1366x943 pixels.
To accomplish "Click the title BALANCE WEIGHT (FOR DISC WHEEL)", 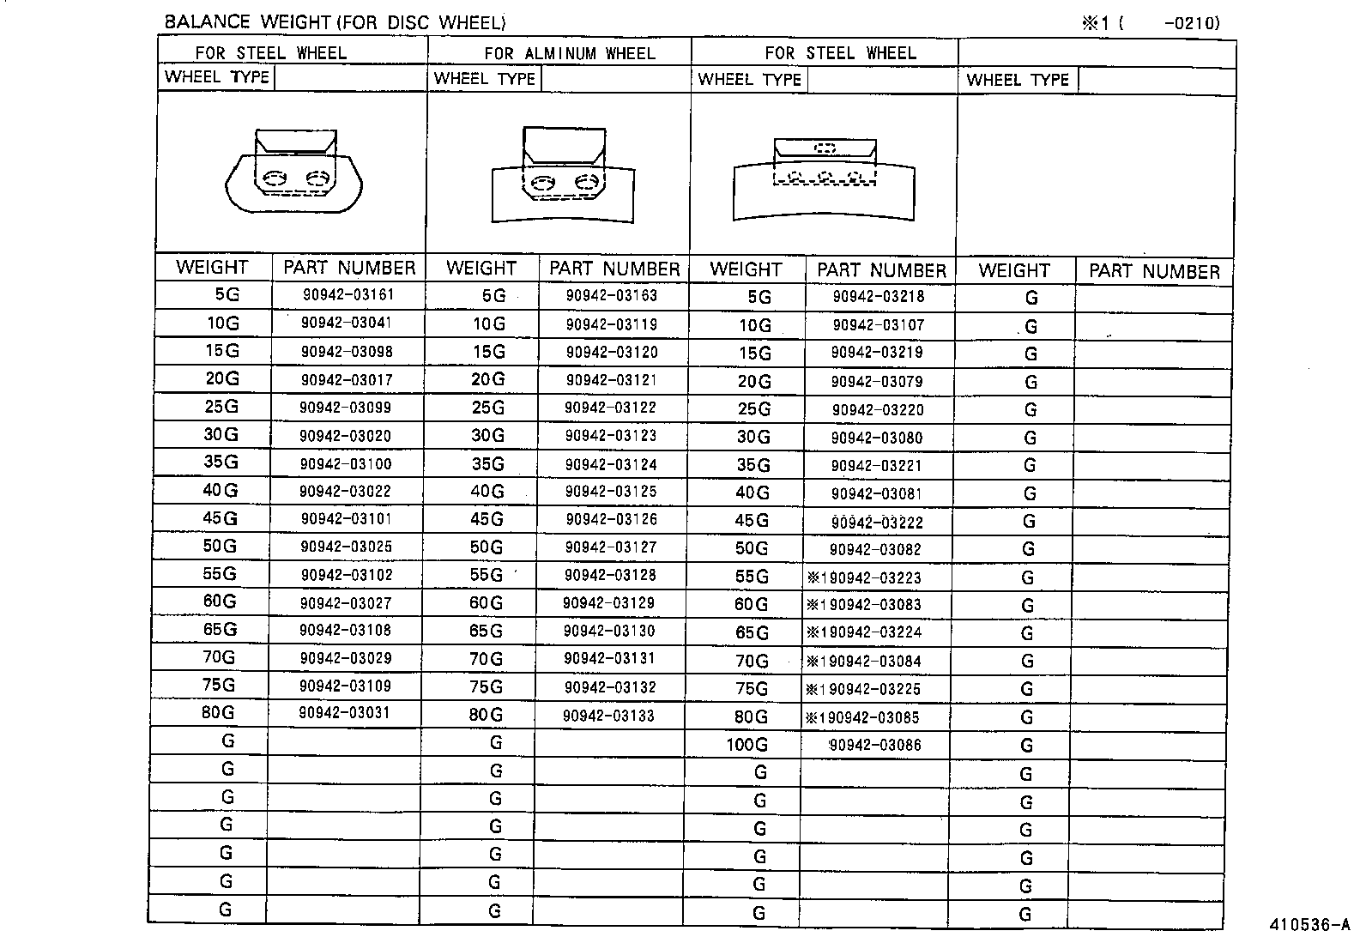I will click(335, 22).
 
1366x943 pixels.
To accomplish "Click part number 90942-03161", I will click(348, 295).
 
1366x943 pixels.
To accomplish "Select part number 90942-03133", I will click(608, 716).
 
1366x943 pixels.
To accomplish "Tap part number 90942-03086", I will click(874, 745).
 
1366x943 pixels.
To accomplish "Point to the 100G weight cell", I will click(746, 745).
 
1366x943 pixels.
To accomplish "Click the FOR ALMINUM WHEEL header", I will click(569, 53).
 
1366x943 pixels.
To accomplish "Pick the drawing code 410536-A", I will click(1309, 925).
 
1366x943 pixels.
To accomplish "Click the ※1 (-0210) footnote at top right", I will click(1150, 23).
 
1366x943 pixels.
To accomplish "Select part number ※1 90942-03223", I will click(864, 577).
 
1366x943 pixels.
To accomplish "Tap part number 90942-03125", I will click(611, 492).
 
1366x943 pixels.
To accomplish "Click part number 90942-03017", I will click(346, 379).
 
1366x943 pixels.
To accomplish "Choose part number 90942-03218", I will click(879, 297).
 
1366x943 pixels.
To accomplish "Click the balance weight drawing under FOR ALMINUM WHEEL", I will click(563, 176).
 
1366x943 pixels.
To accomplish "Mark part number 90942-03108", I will click(345, 631).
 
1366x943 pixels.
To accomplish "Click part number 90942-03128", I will click(610, 575).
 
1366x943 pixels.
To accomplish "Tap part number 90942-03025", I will click(346, 547).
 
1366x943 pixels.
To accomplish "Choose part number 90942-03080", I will click(877, 438).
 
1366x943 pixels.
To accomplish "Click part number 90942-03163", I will click(611, 296).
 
